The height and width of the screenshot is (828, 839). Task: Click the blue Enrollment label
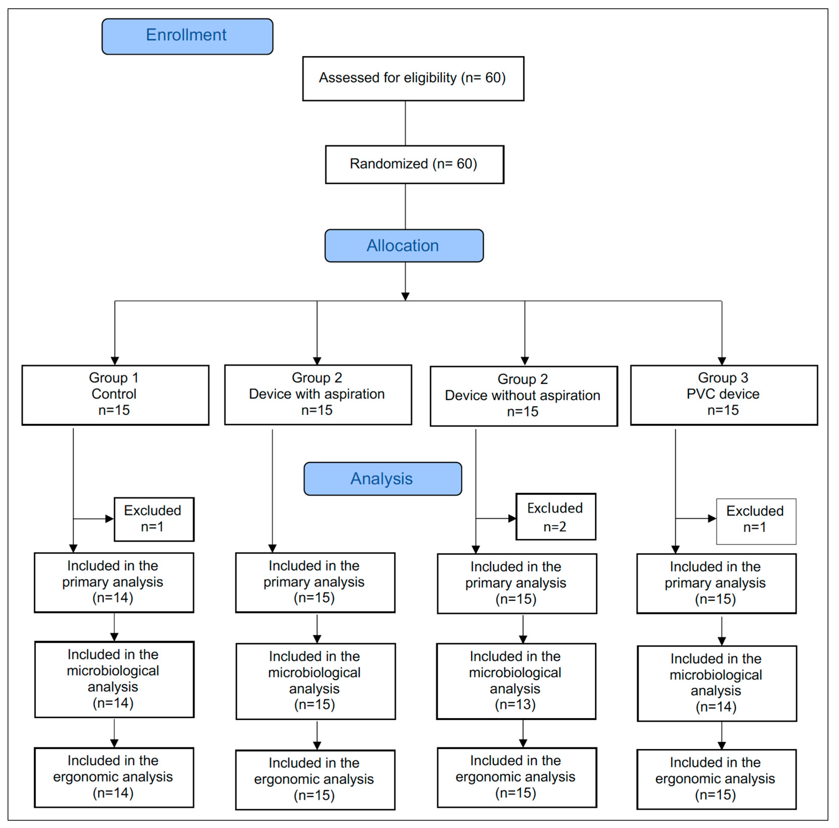(x=187, y=36)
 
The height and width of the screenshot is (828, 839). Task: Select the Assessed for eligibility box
(x=413, y=79)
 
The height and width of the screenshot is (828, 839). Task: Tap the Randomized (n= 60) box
(x=414, y=164)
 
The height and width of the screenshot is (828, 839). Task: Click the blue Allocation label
(x=404, y=246)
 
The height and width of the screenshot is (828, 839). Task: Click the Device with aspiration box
(x=318, y=394)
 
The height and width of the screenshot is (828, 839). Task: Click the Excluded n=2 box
(x=555, y=517)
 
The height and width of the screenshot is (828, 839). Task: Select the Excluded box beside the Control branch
(x=154, y=519)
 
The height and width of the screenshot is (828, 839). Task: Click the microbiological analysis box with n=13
(x=516, y=681)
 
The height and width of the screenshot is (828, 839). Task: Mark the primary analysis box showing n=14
(x=114, y=582)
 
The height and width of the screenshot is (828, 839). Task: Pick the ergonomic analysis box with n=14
(x=114, y=777)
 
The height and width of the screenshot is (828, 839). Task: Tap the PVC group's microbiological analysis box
(x=717, y=683)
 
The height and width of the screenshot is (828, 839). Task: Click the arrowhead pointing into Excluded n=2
(x=512, y=518)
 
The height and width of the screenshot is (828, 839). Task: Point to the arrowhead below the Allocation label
(x=405, y=297)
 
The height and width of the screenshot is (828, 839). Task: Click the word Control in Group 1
(x=114, y=394)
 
